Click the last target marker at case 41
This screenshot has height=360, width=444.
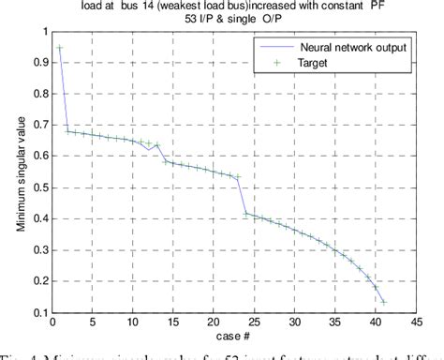click(383, 302)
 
